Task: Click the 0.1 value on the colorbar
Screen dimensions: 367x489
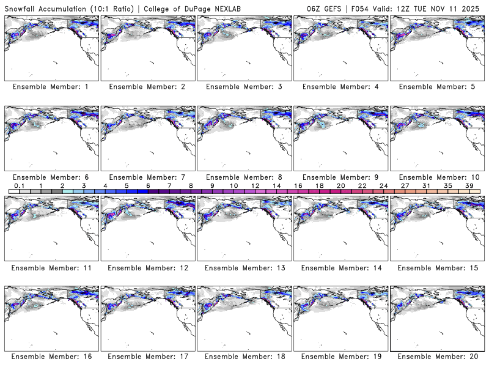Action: (20, 186)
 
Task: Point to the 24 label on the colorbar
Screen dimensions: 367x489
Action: (383, 186)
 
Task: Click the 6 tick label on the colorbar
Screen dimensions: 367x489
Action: (148, 186)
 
